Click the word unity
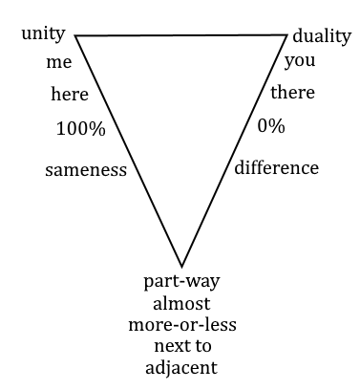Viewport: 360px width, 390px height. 43,34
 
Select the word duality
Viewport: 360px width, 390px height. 322,36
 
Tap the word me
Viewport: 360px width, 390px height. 59,62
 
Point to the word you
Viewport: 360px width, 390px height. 300,61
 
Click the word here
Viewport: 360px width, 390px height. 70,95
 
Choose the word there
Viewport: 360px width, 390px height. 293,93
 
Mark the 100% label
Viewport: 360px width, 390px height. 81,129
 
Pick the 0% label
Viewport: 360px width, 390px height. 271,126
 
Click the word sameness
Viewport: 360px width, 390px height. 86,170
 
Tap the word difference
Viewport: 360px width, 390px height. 277,167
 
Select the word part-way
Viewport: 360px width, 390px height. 181,282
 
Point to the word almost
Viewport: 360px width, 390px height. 181,303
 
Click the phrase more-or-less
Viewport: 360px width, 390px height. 182,325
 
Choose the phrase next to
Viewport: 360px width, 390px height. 182,346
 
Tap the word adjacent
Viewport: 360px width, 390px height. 181,368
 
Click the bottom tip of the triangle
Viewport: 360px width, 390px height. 181,267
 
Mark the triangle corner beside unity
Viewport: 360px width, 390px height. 75,35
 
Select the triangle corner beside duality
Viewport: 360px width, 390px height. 287,35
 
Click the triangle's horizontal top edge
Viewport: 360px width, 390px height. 181,35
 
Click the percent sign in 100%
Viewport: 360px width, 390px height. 98,129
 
